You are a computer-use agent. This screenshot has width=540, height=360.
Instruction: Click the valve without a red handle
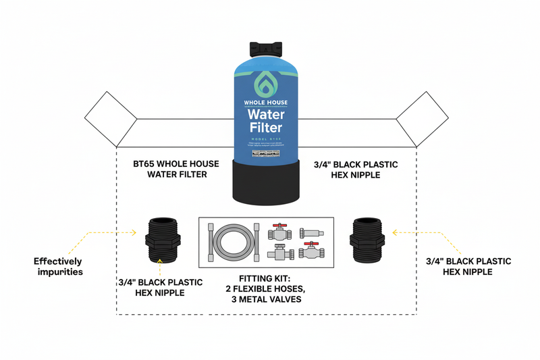278,254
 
